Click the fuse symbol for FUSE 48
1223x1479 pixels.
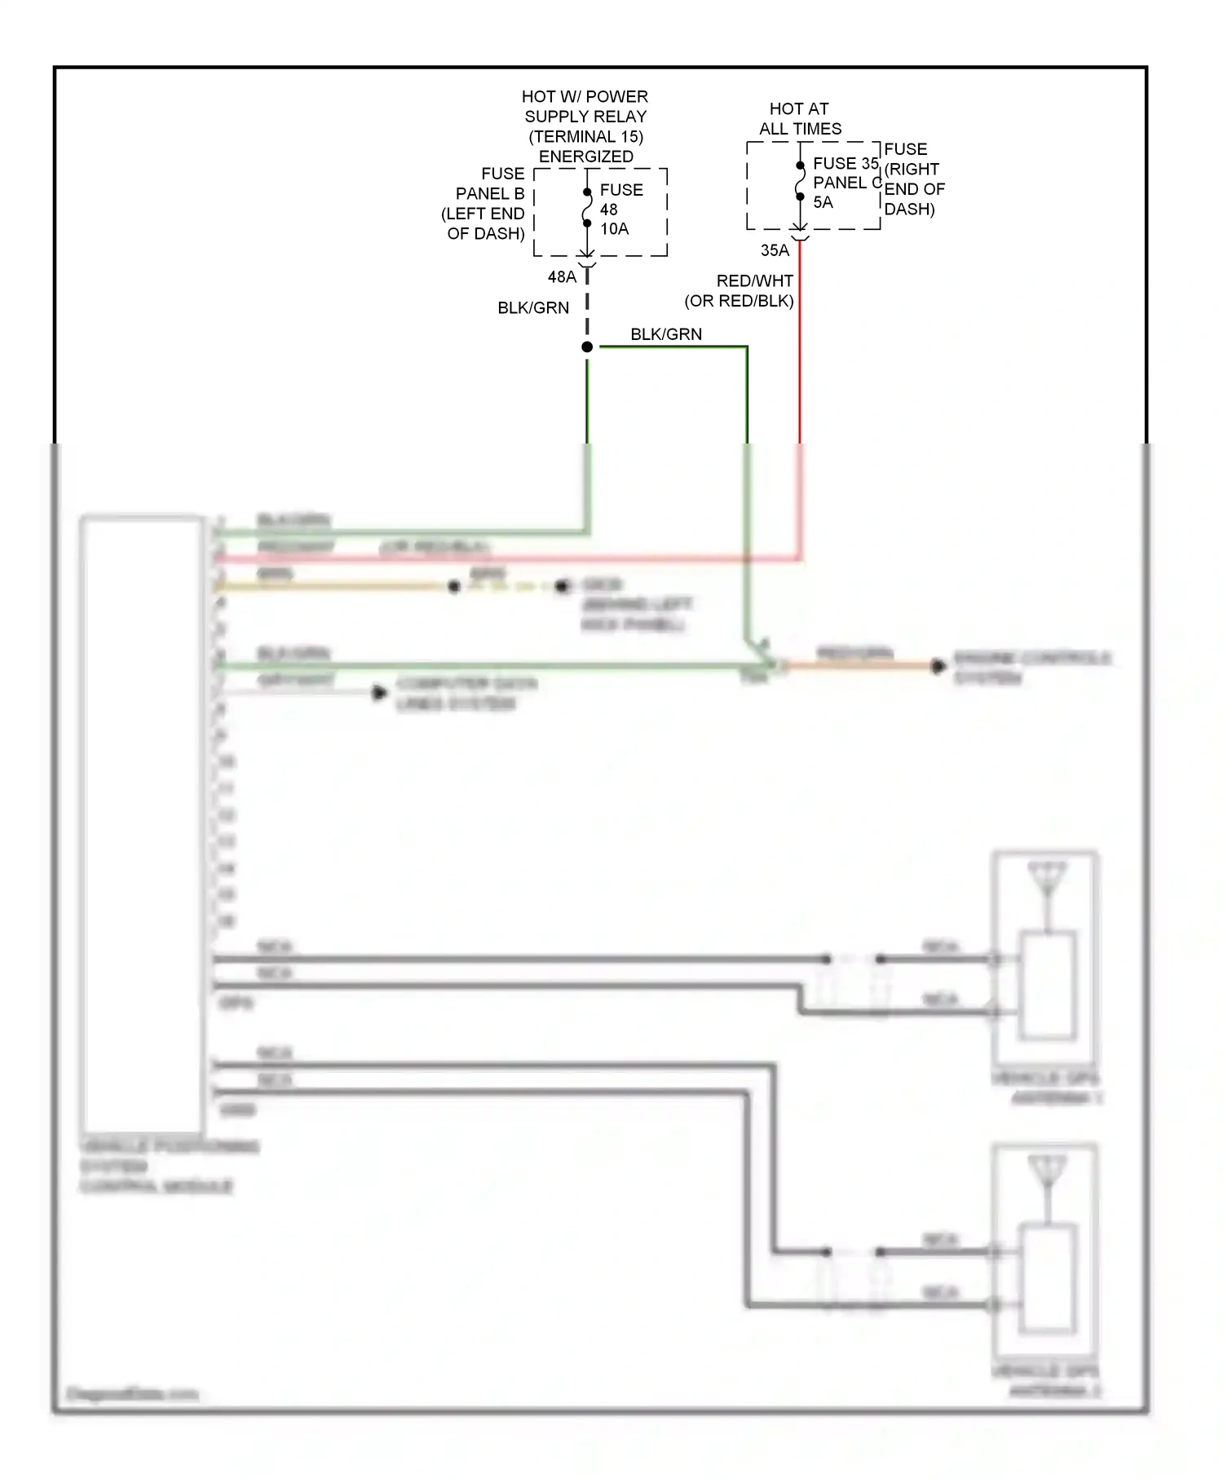587,208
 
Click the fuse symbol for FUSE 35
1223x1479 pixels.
800,181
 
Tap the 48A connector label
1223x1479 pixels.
562,277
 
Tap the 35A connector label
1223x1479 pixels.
775,250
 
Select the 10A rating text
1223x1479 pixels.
615,229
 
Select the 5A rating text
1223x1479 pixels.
823,202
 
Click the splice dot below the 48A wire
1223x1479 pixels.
587,347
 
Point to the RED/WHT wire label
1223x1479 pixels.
754,281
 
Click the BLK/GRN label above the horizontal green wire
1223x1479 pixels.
666,334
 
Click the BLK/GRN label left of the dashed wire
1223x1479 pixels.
533,308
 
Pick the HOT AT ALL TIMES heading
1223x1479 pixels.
800,119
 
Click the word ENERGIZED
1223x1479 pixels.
585,157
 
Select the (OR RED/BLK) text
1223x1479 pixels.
739,301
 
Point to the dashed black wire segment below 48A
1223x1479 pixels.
587,306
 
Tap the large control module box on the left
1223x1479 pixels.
142,823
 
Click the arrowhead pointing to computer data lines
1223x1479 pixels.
379,693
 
